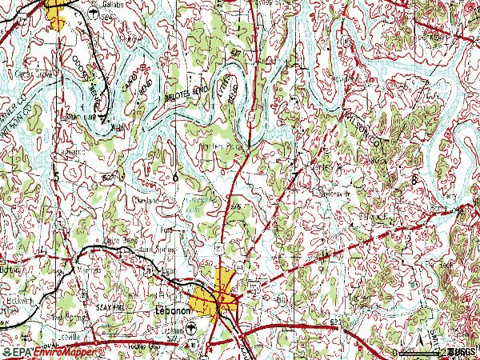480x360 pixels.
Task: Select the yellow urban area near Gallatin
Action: tap(56, 14)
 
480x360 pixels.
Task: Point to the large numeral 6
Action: tap(175, 176)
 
